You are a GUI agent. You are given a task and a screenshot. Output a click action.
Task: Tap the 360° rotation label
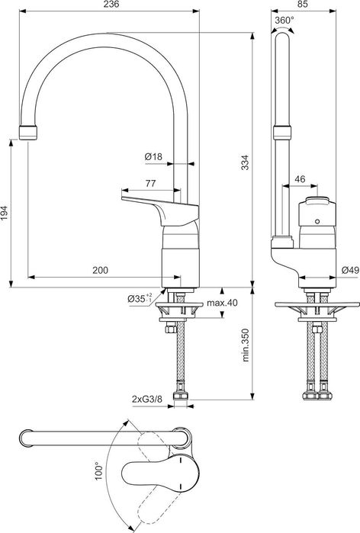[283, 20]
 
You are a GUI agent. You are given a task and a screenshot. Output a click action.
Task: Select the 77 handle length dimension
[149, 183]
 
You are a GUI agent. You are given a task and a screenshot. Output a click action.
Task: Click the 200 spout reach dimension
[98, 270]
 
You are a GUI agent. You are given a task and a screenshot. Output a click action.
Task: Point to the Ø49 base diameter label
[350, 270]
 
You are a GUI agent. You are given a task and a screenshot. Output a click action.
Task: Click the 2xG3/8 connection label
[146, 397]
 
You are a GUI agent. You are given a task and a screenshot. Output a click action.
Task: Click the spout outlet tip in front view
[27, 130]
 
